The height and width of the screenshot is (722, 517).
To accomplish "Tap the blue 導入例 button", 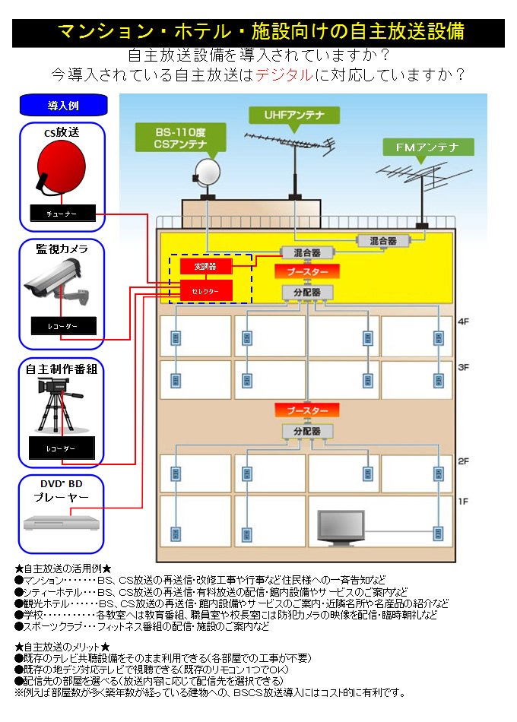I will point(63,105).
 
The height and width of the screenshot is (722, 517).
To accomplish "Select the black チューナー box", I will point(63,214).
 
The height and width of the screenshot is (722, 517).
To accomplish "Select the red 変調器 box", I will point(205,267).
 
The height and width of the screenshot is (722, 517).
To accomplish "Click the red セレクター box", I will point(205,290).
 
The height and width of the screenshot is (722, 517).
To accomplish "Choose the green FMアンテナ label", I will point(428,147).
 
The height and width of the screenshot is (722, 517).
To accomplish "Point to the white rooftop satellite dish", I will point(207,173).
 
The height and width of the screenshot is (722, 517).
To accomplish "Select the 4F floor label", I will point(465,322).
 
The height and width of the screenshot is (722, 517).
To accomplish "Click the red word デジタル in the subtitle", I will point(284,74).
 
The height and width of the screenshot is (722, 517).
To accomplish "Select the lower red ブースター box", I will point(307,410).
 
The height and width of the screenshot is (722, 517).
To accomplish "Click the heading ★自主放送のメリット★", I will point(63,646).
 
